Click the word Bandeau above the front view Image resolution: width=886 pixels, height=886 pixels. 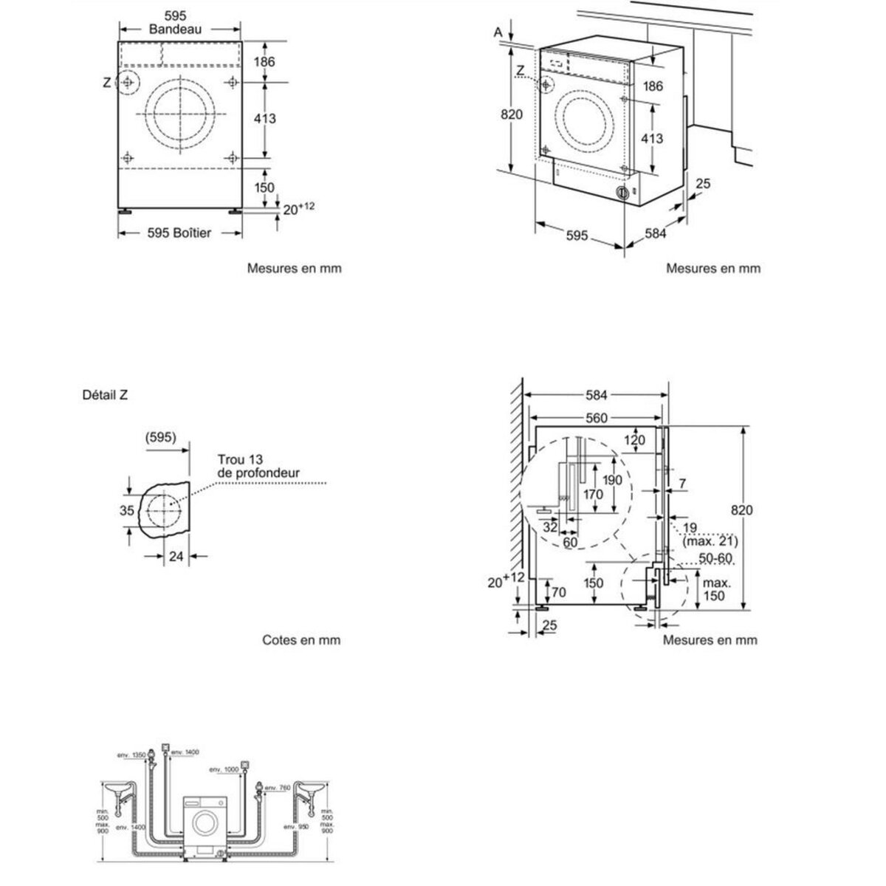(175, 30)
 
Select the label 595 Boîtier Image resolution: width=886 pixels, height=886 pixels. (179, 233)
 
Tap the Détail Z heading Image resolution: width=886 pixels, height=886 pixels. (106, 395)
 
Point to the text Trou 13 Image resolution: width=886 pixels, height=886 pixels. (236, 459)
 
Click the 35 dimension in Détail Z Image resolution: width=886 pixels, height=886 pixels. (126, 510)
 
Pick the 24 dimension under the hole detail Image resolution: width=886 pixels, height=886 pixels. (176, 557)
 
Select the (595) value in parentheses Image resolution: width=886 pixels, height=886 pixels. (161, 437)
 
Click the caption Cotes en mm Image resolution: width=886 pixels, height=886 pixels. (301, 640)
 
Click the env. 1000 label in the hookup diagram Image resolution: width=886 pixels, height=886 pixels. (228, 769)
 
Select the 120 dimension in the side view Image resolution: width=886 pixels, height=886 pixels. (635, 441)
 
